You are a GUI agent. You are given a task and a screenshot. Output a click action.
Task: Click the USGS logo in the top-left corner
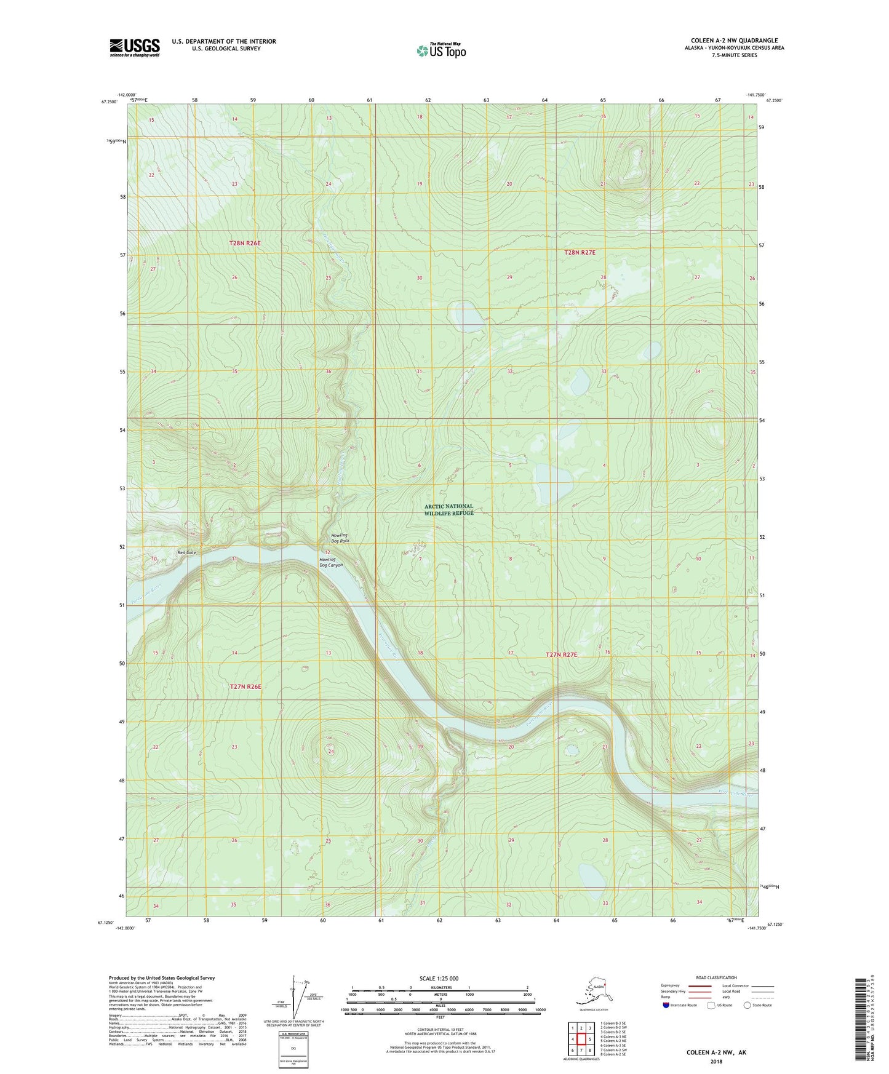click(135, 47)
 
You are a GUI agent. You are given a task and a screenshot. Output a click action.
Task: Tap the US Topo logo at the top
click(441, 50)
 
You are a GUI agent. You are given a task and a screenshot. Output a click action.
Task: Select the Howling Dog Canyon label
click(330, 562)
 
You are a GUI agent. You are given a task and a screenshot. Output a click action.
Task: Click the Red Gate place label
click(186, 552)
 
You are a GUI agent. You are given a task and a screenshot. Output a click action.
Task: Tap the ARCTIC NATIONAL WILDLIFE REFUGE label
click(449, 509)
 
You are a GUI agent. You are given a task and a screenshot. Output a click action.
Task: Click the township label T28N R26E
click(245, 243)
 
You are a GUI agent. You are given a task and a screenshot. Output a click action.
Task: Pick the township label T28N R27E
click(580, 252)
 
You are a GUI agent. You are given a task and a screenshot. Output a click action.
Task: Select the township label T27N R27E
click(561, 654)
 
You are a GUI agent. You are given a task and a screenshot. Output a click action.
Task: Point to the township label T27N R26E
click(245, 686)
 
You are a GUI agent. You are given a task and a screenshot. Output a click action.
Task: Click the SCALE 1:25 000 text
click(439, 978)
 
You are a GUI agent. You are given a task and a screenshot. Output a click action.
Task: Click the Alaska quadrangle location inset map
click(593, 994)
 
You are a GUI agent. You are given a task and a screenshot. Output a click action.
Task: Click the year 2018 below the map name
click(716, 1061)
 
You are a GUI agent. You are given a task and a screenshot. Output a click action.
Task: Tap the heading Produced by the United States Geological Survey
click(162, 977)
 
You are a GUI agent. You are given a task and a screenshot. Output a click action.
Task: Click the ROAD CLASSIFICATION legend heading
click(716, 977)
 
